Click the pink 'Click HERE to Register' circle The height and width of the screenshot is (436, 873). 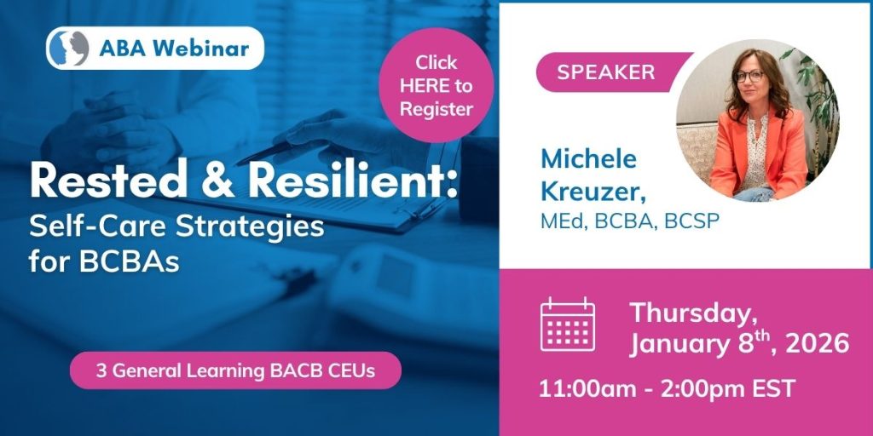pos(436,85)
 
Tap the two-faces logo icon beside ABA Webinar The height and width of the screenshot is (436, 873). pos(68,49)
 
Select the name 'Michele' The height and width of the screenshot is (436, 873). pos(588,159)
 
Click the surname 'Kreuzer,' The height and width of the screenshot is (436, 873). pos(593,192)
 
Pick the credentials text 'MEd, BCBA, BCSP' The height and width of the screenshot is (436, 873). pos(630,221)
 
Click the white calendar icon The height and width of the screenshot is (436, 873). pos(568,324)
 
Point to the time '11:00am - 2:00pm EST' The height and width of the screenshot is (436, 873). pos(667,388)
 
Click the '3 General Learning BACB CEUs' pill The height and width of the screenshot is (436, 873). pos(235,370)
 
